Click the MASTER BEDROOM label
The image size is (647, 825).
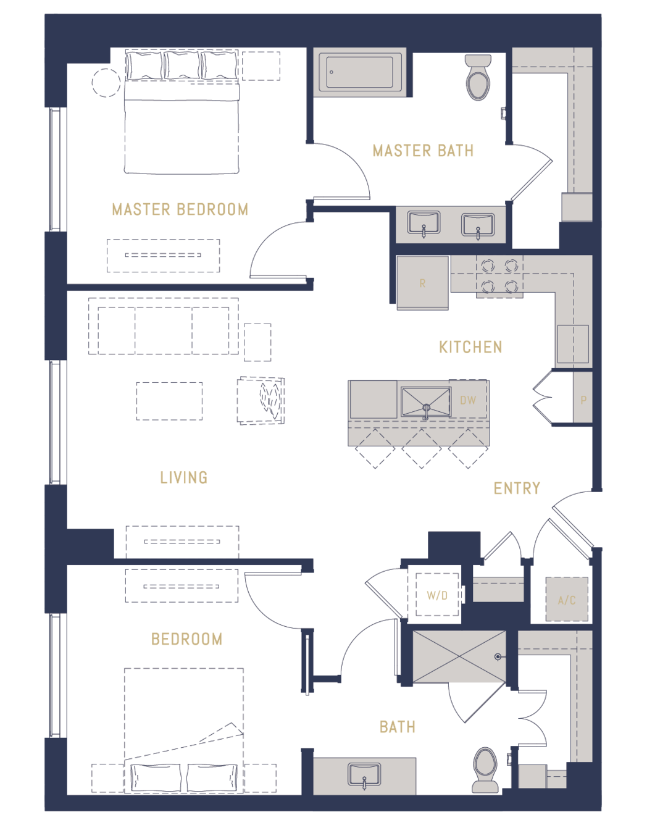click(x=180, y=209)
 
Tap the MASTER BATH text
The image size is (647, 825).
click(x=423, y=151)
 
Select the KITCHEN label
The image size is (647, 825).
click(x=470, y=347)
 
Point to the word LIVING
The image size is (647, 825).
click(x=184, y=477)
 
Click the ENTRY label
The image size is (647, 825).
click(x=517, y=488)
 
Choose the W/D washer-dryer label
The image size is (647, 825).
click(x=437, y=595)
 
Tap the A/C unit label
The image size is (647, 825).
click(x=567, y=600)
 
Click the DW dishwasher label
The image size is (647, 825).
click(x=468, y=400)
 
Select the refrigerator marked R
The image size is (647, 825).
click(x=422, y=283)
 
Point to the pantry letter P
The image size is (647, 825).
click(x=583, y=400)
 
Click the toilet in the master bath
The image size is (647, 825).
click(x=478, y=77)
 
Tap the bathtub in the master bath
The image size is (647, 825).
click(x=360, y=72)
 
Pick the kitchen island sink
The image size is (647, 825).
click(x=426, y=403)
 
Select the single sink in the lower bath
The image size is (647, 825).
click(x=364, y=774)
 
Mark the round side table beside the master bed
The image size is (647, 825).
click(x=106, y=82)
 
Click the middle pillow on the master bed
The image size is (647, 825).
click(x=182, y=65)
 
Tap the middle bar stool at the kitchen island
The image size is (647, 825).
click(x=422, y=449)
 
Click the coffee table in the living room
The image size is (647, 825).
click(x=169, y=401)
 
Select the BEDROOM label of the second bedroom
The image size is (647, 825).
click(x=186, y=639)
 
